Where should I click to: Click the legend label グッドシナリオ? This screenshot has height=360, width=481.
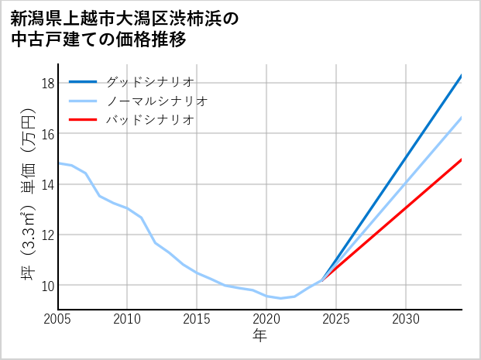[149, 81]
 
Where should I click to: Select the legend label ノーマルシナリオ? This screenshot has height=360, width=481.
[156, 101]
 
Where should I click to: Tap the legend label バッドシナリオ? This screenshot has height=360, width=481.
[149, 120]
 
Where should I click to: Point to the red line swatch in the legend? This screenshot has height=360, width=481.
[83, 120]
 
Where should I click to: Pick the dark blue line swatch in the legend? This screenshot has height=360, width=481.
[83, 81]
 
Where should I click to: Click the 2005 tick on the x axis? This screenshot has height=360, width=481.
[58, 319]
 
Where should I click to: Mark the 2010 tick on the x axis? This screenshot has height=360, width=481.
[128, 319]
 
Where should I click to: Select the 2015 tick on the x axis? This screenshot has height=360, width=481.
[198, 319]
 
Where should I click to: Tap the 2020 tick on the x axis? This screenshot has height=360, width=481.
[266, 319]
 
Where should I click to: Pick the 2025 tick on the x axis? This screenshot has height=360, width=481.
[336, 319]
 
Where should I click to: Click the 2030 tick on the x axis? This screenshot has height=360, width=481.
[406, 319]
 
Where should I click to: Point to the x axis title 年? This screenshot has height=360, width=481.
[260, 335]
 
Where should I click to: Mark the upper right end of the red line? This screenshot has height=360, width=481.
[462, 159]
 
